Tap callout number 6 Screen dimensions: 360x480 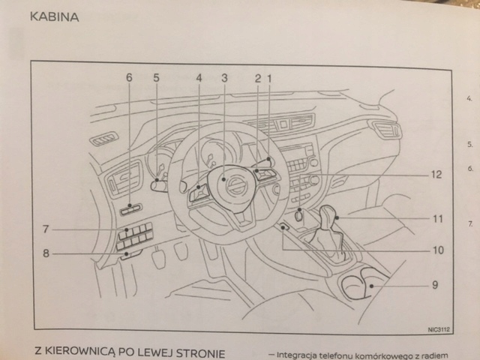coord(128,77)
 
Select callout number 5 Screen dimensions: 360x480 coord(157,77)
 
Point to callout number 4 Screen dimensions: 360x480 coord(199,77)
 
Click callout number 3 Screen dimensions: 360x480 coord(224,77)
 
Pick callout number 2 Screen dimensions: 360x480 coord(257,77)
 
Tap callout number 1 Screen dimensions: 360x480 coord(270,77)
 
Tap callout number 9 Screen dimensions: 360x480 coord(435,285)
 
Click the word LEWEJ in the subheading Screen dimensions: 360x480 coord(156,352)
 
